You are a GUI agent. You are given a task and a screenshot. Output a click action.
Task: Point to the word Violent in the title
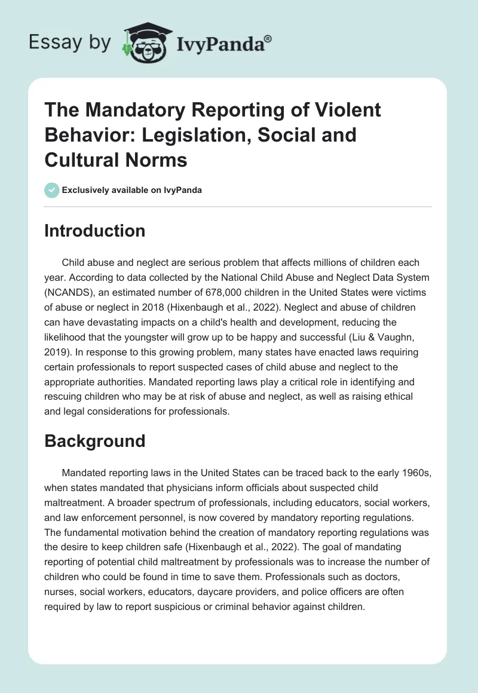[x=350, y=111]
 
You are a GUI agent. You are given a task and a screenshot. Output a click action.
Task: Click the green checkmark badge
[x=51, y=190]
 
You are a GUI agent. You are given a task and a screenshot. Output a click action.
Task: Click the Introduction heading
[x=95, y=231]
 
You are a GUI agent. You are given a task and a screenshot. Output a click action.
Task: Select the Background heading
[x=95, y=441]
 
